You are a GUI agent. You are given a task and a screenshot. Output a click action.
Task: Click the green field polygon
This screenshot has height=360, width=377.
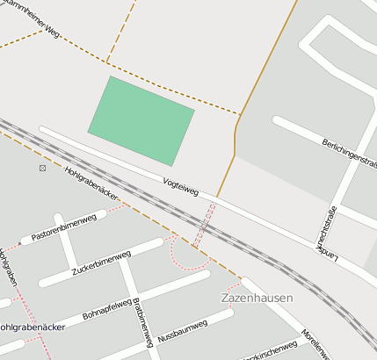point(141,119)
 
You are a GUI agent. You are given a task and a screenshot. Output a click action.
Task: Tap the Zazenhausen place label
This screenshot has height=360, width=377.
point(255,298)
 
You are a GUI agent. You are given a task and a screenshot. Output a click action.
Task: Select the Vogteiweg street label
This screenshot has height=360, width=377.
point(182,186)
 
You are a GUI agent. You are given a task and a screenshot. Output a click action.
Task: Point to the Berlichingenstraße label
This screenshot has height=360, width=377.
point(350,153)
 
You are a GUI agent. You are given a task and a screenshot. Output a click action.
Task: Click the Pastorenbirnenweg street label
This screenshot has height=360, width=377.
point(63,230)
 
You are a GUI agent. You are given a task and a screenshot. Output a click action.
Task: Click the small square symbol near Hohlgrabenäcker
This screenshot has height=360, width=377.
point(42,167)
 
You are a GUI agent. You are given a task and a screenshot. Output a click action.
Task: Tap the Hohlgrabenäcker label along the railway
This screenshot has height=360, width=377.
point(92,184)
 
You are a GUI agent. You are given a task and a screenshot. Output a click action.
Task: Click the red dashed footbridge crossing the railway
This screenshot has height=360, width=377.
point(205,225)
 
